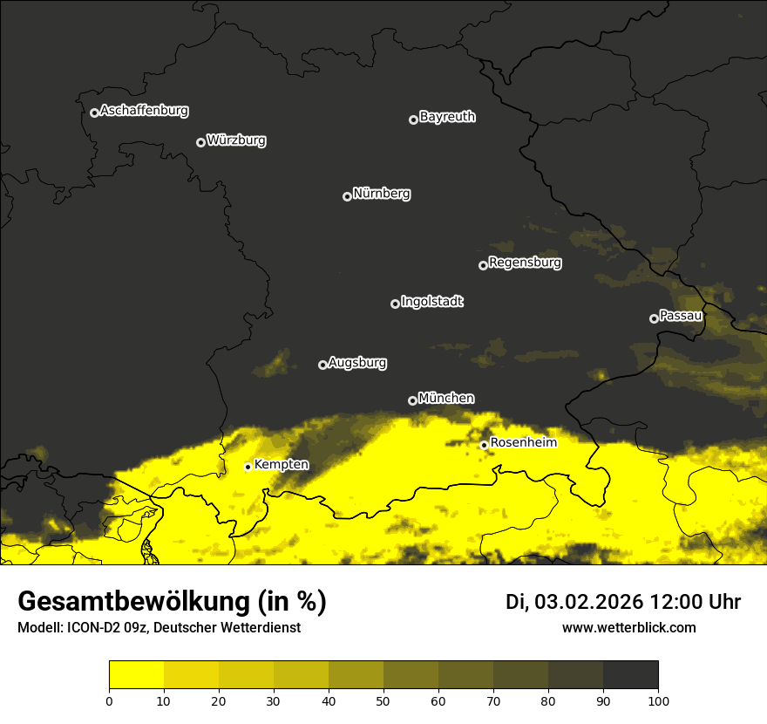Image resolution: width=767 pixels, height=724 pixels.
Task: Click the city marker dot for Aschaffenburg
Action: tap(94, 113)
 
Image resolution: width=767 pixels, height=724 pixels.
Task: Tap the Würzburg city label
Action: tap(236, 140)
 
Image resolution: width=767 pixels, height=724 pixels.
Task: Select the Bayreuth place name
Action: tap(447, 117)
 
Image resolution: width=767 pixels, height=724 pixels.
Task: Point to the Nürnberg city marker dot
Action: tap(347, 196)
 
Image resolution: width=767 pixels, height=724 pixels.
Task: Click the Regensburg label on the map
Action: tap(525, 263)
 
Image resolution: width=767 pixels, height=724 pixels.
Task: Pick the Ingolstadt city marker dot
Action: tap(395, 304)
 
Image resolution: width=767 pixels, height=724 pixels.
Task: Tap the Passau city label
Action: tap(681, 316)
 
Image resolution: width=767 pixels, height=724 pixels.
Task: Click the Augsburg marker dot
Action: tap(322, 365)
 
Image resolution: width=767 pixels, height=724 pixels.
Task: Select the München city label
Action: tap(446, 399)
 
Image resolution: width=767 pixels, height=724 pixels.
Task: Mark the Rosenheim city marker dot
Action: tap(484, 445)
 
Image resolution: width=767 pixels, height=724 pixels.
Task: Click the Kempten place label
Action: tap(281, 465)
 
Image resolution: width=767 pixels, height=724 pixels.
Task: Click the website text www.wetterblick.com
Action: tap(628, 627)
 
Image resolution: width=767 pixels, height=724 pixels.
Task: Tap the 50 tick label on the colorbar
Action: tap(383, 700)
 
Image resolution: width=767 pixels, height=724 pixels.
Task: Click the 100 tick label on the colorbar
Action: tap(657, 700)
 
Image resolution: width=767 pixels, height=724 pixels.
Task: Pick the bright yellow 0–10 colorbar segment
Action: tap(137, 675)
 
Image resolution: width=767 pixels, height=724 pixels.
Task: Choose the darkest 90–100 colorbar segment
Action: tap(630, 675)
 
